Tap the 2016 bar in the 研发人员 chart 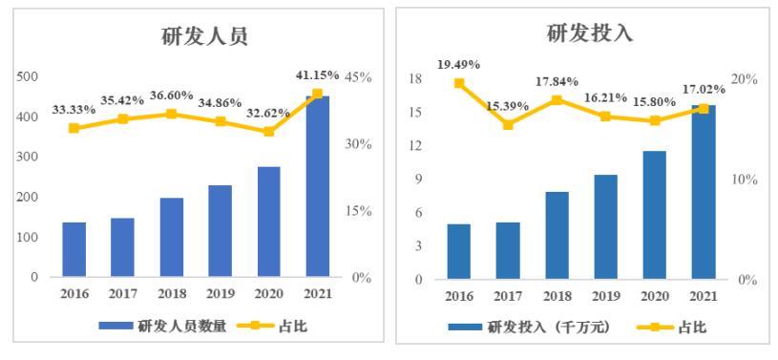coord(74,250)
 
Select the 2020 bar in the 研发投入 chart coord(654,216)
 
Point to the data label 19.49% coord(459,65)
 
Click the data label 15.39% coord(507,106)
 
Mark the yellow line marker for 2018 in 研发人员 coord(172,114)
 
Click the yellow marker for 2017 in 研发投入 coord(508,125)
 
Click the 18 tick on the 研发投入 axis coord(415,78)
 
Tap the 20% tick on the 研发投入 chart coord(746,78)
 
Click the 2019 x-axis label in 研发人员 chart coord(221,294)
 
